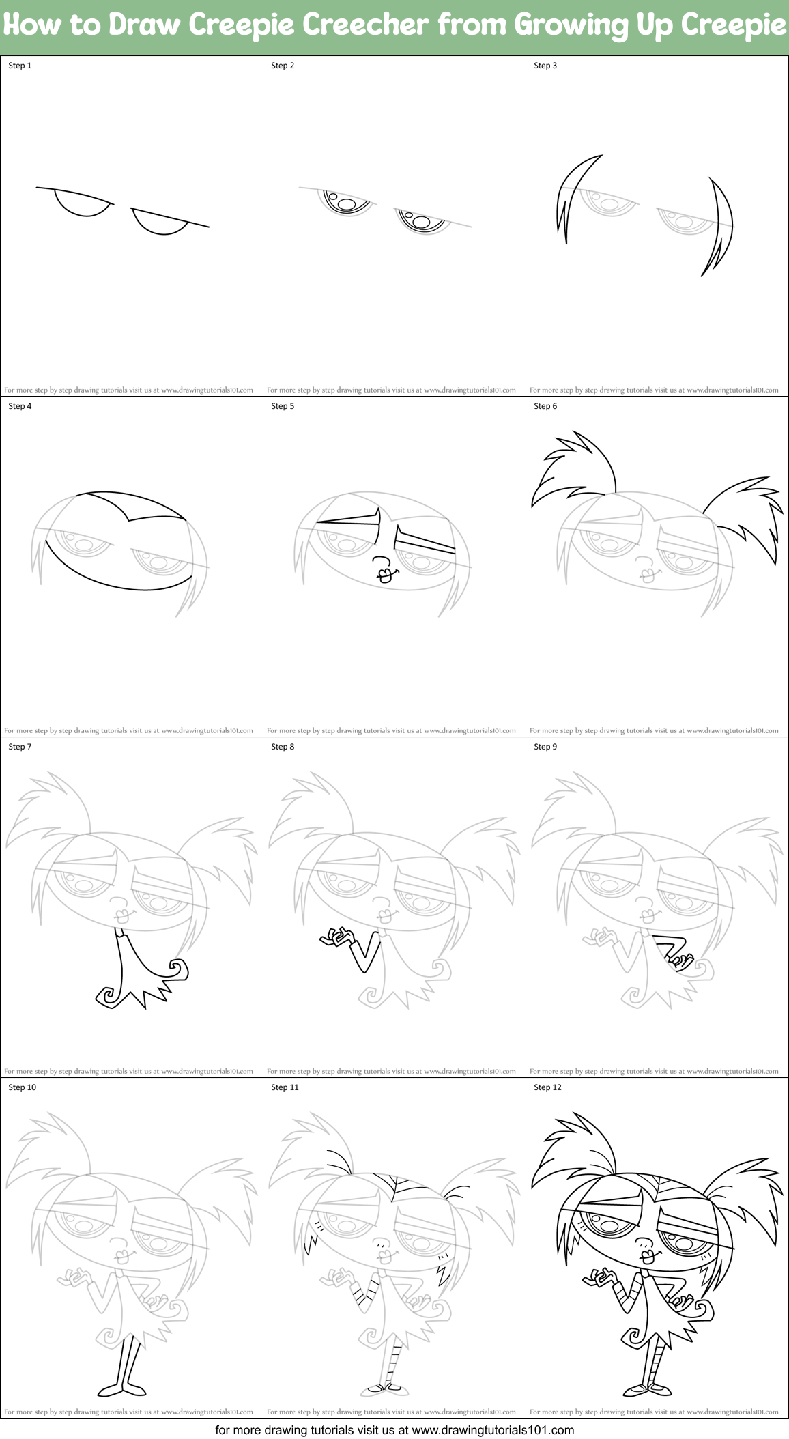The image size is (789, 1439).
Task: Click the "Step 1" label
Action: pos(20,66)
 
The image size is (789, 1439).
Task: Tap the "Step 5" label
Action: pos(283,406)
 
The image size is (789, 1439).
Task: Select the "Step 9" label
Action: pos(545,747)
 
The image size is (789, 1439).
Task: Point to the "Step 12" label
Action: pos(547,1087)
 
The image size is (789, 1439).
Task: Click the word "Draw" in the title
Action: pos(145,25)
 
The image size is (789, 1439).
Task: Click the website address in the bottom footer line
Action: pos(493,1429)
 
